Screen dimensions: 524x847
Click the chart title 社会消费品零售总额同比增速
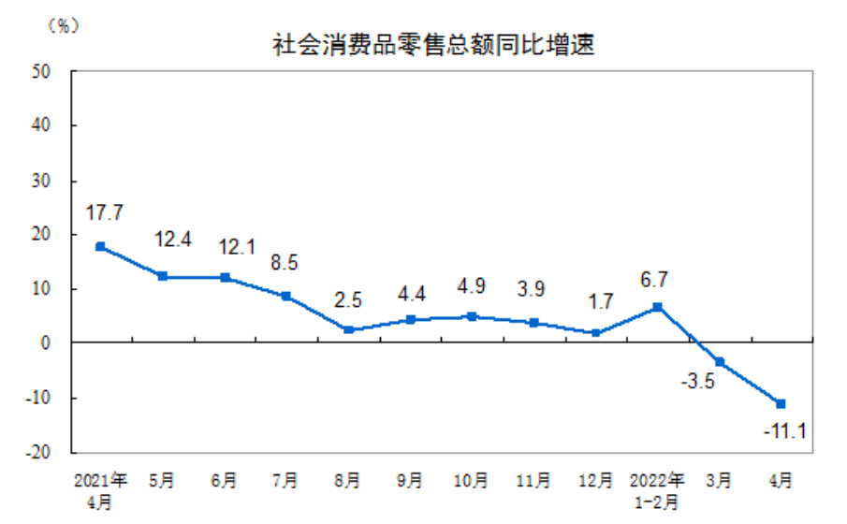(x=432, y=44)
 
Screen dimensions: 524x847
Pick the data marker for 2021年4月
(x=100, y=247)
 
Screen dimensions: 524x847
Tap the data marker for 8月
(x=348, y=329)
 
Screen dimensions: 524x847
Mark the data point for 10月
(x=473, y=316)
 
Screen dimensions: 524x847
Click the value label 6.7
(x=657, y=279)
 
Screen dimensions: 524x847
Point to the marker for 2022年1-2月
(x=658, y=307)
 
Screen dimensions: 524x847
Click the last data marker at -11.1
(x=781, y=403)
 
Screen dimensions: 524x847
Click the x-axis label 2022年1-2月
(x=658, y=490)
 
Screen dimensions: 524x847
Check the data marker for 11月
(x=533, y=322)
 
